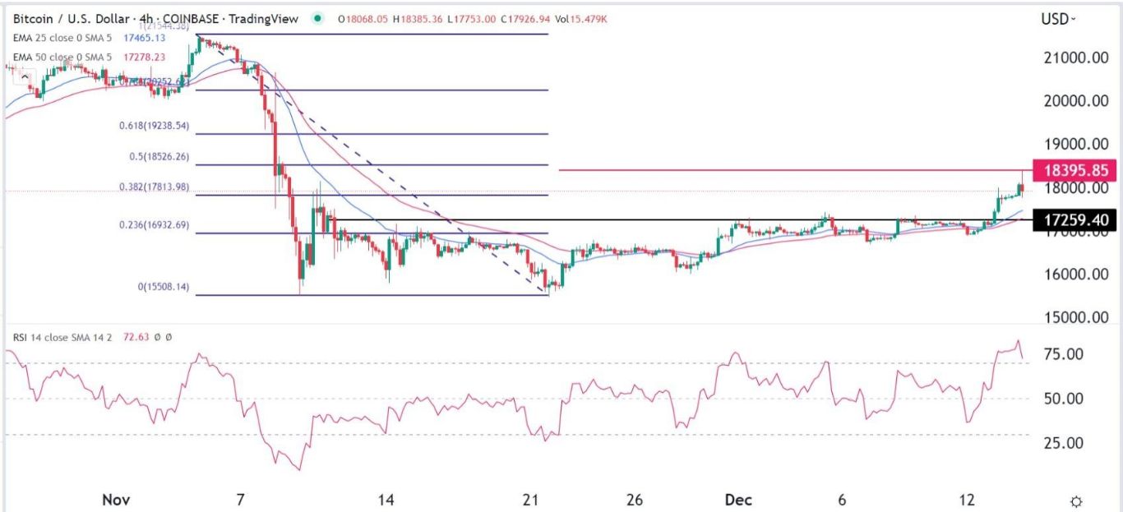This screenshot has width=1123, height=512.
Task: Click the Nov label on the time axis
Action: [x=115, y=500]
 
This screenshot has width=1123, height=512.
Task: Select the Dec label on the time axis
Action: [x=736, y=500]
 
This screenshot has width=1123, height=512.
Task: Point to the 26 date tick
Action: [x=633, y=500]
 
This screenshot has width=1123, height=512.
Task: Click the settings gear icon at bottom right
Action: [x=1076, y=501]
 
